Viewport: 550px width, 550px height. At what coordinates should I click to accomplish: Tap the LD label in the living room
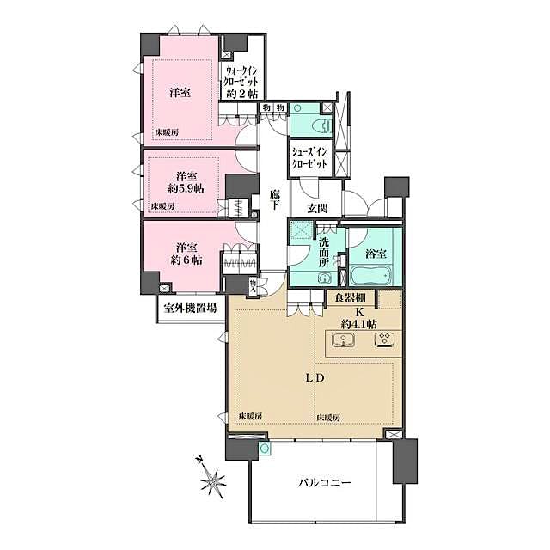tap(313, 378)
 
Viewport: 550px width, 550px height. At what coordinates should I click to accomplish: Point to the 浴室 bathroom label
tap(371, 254)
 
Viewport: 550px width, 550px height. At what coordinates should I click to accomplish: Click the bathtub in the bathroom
tap(371, 277)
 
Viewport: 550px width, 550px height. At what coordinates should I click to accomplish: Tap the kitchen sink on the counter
tap(342, 341)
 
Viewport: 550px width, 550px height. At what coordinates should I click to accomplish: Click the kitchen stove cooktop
tap(382, 340)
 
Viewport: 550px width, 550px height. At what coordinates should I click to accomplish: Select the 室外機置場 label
tap(186, 308)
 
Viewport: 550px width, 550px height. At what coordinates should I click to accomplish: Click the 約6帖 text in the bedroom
tap(186, 260)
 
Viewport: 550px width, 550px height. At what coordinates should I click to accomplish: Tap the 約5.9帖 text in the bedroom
tap(185, 187)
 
